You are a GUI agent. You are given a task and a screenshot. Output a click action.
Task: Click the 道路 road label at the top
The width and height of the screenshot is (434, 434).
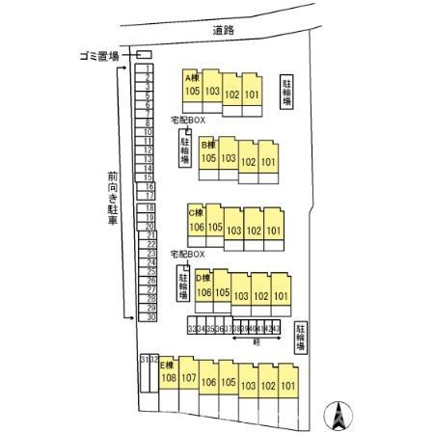(225, 31)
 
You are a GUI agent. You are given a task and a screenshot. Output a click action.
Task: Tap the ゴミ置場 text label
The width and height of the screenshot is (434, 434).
(99, 56)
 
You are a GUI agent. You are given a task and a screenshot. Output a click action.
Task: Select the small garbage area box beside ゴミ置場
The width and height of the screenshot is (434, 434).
(144, 54)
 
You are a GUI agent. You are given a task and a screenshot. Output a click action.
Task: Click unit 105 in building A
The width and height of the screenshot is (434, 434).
(193, 92)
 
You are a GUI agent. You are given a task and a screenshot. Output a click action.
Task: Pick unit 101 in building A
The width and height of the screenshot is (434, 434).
(252, 95)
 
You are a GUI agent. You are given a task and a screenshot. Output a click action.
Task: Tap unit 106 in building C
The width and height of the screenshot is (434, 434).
(197, 228)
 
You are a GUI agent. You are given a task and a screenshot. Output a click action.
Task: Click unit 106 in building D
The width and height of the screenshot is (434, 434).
(203, 293)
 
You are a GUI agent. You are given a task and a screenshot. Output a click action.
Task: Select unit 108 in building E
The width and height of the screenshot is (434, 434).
(169, 379)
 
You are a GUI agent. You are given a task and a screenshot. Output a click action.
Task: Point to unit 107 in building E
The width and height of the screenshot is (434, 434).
(189, 378)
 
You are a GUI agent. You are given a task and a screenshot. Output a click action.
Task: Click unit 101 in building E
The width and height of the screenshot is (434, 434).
(287, 386)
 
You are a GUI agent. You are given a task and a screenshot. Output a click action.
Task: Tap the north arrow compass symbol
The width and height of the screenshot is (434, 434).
(339, 415)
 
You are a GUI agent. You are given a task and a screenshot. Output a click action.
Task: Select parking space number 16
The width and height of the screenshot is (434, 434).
(150, 186)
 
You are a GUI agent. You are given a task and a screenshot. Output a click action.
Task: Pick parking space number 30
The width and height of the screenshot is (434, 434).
(150, 316)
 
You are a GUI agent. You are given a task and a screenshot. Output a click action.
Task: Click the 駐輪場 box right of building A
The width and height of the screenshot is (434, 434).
(287, 92)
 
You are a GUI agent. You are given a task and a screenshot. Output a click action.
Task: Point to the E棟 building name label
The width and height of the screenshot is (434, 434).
(165, 365)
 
